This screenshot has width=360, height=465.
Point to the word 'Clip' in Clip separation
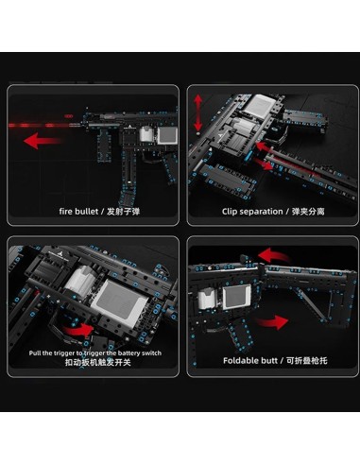(x=233, y=211)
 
